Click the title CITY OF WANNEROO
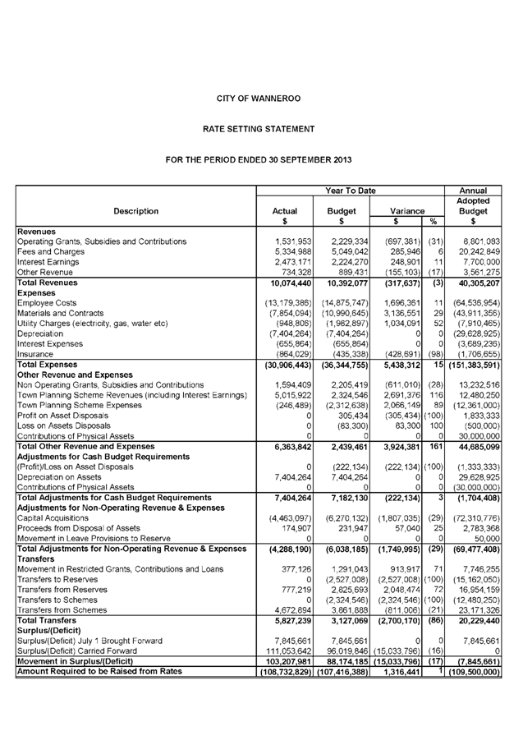point(259,99)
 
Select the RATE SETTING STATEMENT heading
point(259,129)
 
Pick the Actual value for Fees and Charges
point(287,251)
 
